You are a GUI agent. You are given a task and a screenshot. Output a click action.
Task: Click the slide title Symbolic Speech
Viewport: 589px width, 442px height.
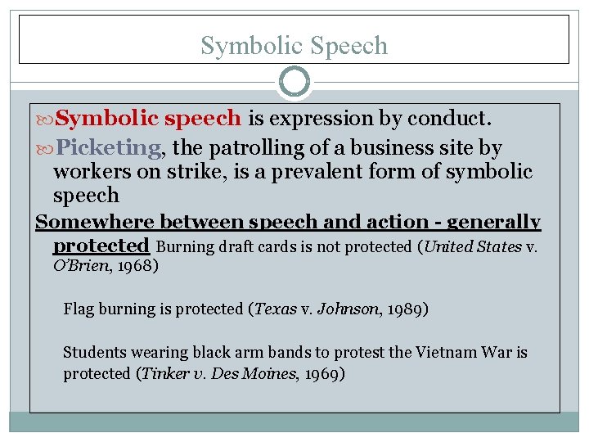pyautogui.click(x=294, y=45)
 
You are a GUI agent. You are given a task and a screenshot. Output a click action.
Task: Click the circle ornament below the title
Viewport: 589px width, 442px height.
pyautogui.click(x=294, y=82)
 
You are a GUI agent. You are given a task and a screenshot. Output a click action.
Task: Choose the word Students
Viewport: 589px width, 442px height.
pyautogui.click(x=95, y=353)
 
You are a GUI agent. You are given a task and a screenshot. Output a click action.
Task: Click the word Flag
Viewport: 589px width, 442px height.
pyautogui.click(x=79, y=309)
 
